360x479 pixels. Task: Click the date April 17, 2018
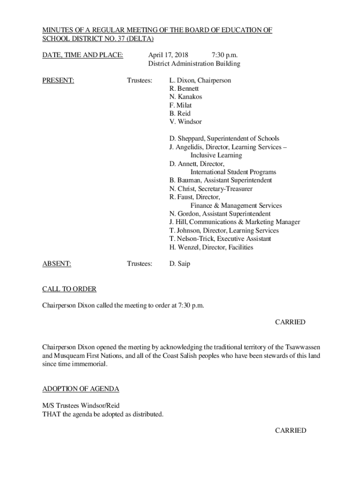(165, 55)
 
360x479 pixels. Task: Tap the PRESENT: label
(58, 80)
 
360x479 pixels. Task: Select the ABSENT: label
(57, 264)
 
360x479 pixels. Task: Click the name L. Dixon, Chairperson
(200, 80)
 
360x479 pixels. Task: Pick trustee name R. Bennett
(184, 88)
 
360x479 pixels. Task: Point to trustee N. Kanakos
(186, 97)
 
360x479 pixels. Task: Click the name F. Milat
(180, 105)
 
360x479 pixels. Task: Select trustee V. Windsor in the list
(186, 122)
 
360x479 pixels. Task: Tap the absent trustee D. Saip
(180, 264)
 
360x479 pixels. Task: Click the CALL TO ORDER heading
(69, 289)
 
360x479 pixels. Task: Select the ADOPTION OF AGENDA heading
(81, 389)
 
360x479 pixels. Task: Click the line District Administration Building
(194, 64)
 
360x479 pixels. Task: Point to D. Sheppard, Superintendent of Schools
(224, 138)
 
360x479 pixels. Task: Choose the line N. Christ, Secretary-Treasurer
(211, 189)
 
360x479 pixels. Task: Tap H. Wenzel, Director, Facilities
(211, 247)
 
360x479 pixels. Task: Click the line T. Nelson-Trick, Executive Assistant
(220, 239)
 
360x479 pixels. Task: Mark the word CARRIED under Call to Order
(290, 322)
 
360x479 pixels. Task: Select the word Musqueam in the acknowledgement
(71, 356)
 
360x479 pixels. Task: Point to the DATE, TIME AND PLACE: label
(83, 55)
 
